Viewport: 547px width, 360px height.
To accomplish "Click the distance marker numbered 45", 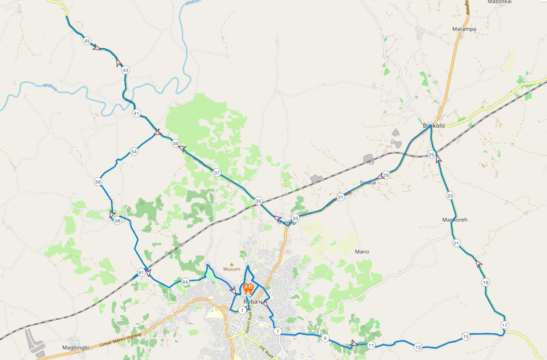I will (87, 41).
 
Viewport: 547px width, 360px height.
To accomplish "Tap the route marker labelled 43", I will (125, 70).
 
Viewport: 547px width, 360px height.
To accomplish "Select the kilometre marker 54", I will (134, 151).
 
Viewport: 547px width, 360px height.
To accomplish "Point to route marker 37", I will (217, 173).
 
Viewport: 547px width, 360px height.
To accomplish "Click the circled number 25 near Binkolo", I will (432, 154).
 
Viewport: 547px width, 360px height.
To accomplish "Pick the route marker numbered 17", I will (505, 325).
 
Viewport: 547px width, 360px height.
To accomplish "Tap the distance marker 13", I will (418, 347).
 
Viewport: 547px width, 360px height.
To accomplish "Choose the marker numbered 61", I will (141, 272).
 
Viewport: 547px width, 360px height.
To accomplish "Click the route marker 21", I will (456, 243).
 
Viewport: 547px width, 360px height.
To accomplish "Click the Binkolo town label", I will (433, 126).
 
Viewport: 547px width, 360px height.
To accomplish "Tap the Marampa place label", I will (464, 29).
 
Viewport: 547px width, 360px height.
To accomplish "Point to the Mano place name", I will (362, 251).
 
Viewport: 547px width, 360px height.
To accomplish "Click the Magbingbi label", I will (76, 347).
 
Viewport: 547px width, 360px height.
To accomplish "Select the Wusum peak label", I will (232, 269).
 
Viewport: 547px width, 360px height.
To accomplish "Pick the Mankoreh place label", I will (455, 220).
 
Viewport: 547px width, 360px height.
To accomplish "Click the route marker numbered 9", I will (325, 338).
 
